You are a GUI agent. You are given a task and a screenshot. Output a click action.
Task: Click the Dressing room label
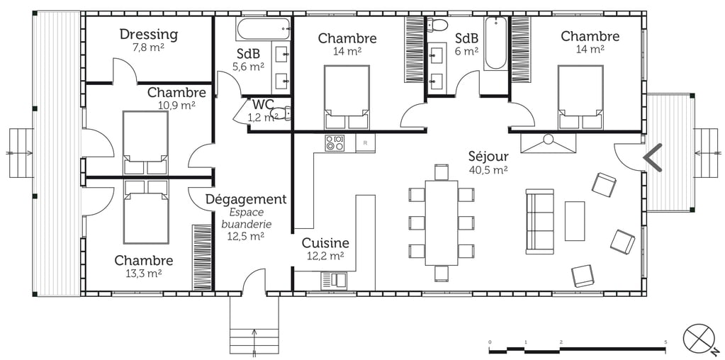click(x=148, y=34)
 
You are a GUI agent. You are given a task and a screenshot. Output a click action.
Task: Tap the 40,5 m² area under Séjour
click(x=488, y=170)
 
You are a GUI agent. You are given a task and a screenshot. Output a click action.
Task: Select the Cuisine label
click(x=325, y=243)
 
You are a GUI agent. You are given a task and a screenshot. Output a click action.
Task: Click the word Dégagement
click(x=246, y=199)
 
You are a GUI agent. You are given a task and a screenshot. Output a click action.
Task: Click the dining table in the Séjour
click(x=442, y=222)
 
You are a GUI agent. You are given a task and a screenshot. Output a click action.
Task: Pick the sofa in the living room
click(x=539, y=221)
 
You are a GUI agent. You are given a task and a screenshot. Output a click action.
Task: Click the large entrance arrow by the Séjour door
click(x=652, y=157)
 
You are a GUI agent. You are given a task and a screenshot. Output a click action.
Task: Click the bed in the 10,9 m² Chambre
click(x=145, y=142)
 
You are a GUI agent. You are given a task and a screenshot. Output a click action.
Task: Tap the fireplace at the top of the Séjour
click(x=548, y=143)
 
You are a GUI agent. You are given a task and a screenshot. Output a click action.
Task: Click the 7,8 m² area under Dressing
click(x=148, y=47)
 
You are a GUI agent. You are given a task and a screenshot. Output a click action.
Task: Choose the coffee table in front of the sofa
click(x=574, y=220)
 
